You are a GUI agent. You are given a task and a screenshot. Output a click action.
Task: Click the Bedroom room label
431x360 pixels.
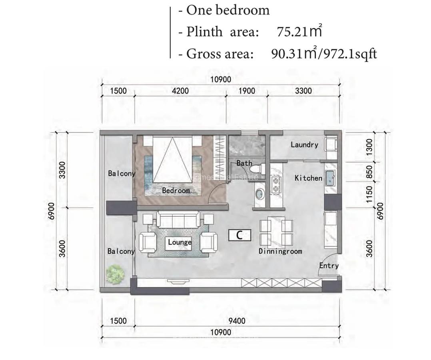(176, 191)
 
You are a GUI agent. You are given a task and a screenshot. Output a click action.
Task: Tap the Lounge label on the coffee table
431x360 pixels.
(180, 242)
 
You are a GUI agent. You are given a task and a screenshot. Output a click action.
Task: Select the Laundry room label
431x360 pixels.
(304, 145)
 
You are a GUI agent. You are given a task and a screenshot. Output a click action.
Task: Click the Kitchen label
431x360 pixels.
(308, 178)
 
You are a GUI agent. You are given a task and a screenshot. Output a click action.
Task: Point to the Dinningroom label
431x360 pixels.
(280, 251)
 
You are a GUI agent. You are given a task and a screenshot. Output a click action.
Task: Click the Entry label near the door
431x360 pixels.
(329, 266)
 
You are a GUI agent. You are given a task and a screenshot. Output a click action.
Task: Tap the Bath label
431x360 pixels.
(244, 163)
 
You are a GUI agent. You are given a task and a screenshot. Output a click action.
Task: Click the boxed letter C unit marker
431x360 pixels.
(239, 235)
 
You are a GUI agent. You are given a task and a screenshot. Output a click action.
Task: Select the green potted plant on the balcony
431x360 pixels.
(115, 274)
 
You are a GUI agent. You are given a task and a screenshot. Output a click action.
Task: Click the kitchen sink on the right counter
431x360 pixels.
(330, 178)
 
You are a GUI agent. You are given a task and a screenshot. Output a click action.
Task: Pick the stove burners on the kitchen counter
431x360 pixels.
(276, 184)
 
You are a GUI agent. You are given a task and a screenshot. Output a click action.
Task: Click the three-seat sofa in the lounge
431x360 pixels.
(178, 220)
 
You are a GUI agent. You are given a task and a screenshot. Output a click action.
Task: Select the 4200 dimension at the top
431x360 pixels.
(180, 91)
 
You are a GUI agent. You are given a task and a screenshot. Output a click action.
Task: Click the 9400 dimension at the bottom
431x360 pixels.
(237, 321)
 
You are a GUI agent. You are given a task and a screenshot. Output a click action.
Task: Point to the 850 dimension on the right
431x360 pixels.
(369, 172)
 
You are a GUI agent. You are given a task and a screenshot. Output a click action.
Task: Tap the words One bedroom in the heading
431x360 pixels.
(228, 10)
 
